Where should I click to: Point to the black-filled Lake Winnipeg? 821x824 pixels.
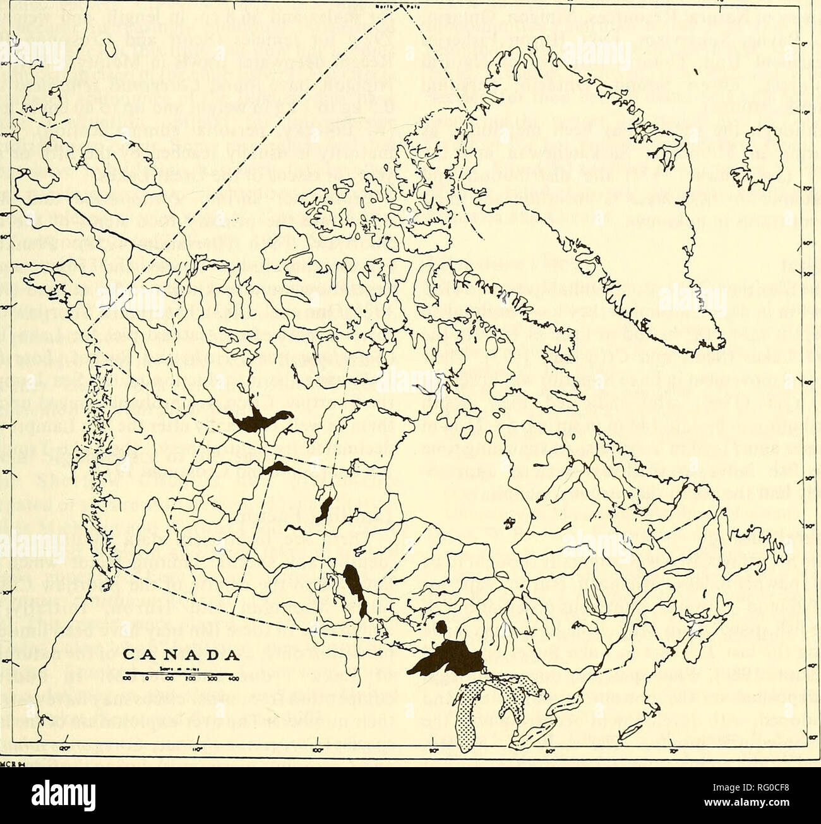(352, 585)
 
